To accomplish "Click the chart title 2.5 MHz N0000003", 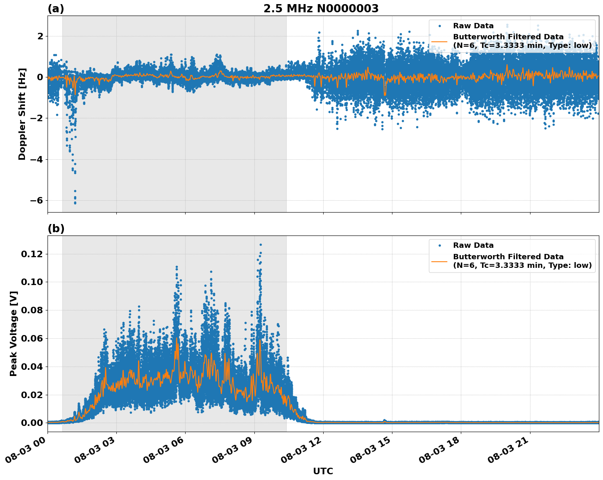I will (321, 9).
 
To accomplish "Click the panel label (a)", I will (56, 9).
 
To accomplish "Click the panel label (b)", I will (56, 229).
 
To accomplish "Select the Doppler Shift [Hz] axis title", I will (22, 114).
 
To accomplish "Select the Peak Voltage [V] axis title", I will (14, 333).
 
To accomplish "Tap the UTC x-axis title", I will (323, 471).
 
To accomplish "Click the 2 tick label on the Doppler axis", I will (40, 36).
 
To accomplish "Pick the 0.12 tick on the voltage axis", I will (32, 254).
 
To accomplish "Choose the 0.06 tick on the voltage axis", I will (32, 338).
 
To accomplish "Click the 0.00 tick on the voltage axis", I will (32, 423).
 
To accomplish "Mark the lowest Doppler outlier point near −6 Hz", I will (75, 203).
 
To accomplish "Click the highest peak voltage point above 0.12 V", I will (261, 245).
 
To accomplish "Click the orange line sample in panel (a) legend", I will (440, 41).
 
